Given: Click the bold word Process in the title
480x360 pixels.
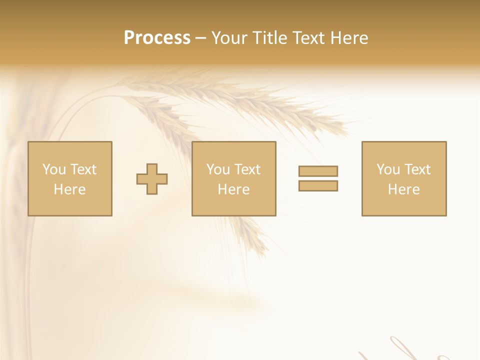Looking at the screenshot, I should pos(157,38).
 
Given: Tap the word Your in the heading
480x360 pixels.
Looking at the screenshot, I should pos(229,38).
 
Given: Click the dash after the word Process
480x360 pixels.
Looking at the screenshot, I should pos(200,38).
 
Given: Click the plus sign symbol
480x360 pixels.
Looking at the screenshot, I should pos(152,179).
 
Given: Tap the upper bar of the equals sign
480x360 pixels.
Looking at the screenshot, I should pos(318,171).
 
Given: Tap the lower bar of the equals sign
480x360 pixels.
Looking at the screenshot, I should pos(318,185).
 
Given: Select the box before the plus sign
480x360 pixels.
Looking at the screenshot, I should pos(70,178).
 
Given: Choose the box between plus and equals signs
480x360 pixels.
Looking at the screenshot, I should pos(233,178).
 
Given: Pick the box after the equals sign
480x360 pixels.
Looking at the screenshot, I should pos(404,178).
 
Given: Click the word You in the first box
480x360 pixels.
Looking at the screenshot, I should pos(54,169).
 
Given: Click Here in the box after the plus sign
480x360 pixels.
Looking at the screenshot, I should pos(233,189).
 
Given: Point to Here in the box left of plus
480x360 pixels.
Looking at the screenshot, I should pos(70,189).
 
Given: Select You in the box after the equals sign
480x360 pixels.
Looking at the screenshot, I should pos(388,169).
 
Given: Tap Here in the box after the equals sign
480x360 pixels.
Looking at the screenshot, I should pos(404,189).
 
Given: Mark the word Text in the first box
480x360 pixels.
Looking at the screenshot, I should pos(83,169).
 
